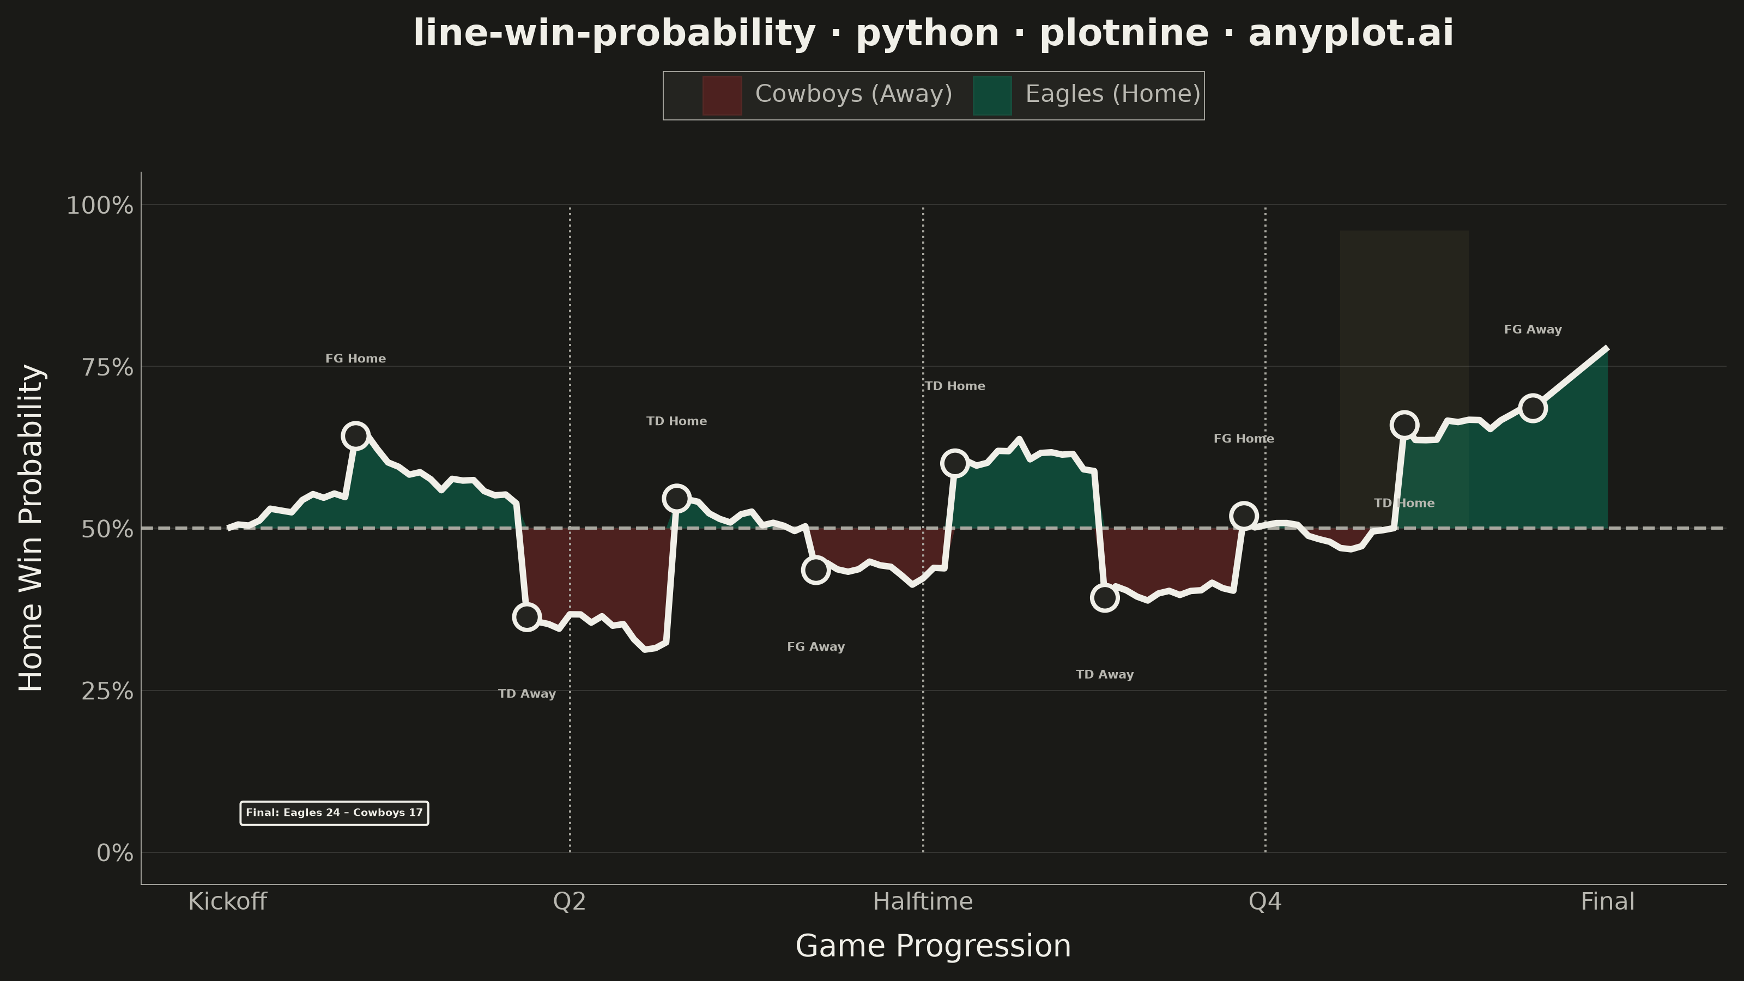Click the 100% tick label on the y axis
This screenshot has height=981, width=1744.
coord(100,205)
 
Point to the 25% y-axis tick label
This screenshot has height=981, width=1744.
coord(107,691)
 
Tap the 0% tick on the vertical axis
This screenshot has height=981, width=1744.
coord(115,853)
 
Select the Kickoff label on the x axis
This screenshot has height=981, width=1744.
coord(227,902)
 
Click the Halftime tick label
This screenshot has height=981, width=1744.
coord(923,902)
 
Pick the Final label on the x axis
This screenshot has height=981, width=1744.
coord(1607,902)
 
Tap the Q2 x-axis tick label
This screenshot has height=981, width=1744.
coord(570,902)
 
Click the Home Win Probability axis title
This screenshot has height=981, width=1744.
coord(31,528)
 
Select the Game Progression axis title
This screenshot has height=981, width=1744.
coord(933,946)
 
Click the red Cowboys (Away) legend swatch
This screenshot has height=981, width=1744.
coord(722,95)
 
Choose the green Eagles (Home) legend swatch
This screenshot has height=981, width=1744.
coord(992,95)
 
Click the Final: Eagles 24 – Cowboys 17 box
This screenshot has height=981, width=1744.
coord(334,813)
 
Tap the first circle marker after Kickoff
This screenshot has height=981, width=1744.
coord(355,435)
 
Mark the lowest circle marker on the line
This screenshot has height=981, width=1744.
coord(526,617)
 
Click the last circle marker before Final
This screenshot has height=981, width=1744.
coord(1533,408)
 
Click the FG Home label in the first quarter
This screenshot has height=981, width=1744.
coord(355,359)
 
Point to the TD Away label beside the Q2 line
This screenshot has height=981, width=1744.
coord(526,694)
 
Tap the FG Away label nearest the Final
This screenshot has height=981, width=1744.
coord(1533,330)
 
